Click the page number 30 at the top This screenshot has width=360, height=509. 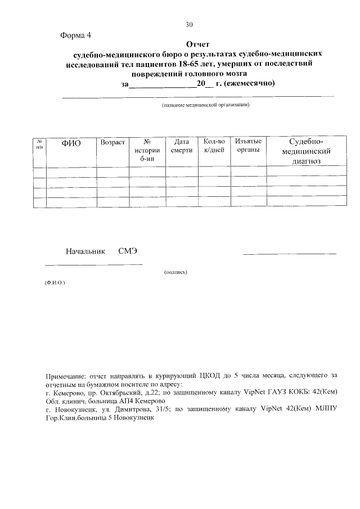point(190,24)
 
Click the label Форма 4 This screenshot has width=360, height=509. point(75,35)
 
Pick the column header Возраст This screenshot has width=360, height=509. point(112,142)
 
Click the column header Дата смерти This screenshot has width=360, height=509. point(182,146)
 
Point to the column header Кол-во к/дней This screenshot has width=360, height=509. point(214,146)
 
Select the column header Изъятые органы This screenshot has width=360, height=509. point(248,146)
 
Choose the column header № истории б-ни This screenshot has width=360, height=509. point(147,150)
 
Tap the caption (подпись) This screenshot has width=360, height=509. point(175,272)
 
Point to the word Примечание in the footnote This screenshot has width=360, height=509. point(67,373)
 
